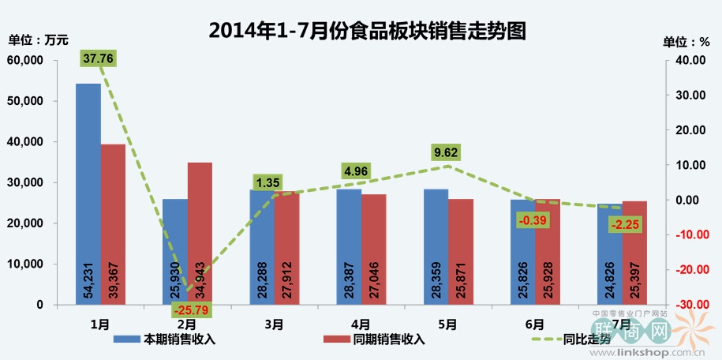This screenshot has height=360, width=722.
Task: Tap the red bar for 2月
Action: pos(200,229)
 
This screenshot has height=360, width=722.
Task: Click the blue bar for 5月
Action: pos(436,237)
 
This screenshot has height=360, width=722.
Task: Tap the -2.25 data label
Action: pos(625,226)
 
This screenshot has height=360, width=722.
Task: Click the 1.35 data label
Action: pos(269,183)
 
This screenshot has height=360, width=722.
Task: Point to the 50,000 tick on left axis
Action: pos(26,101)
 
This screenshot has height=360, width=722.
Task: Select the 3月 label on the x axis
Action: pos(273,324)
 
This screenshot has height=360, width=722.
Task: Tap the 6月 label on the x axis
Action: pos(533,324)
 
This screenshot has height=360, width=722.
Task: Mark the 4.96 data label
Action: pos(357,169)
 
